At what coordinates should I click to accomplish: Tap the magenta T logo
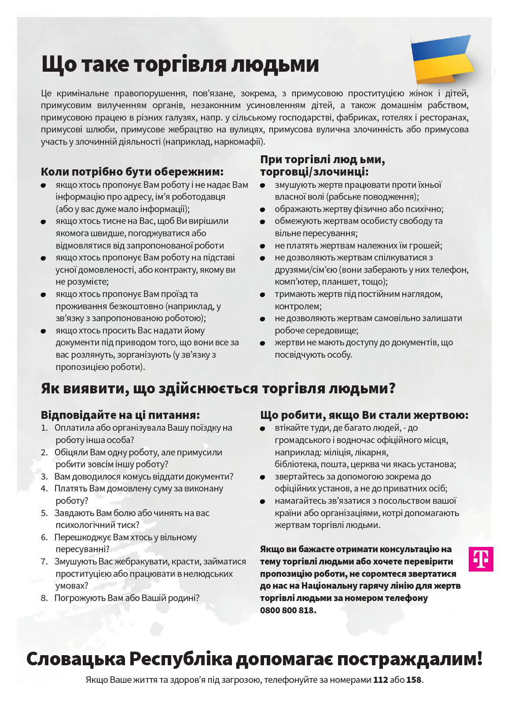[x=481, y=559]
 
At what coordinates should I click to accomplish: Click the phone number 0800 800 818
[x=288, y=610]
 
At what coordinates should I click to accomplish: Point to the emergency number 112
[x=380, y=680]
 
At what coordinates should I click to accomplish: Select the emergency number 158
[x=414, y=680]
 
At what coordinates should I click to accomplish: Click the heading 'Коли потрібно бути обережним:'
[x=132, y=172]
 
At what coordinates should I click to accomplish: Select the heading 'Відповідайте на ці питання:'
[x=120, y=415]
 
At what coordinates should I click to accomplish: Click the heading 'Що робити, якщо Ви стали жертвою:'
[x=364, y=415]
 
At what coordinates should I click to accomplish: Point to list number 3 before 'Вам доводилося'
[x=44, y=477]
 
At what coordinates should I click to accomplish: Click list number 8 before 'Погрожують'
[x=44, y=598]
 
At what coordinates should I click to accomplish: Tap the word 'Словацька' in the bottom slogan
[x=76, y=659]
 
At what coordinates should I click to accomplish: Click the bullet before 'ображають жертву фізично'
[x=263, y=210]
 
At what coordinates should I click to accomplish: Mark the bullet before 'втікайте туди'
[x=263, y=429]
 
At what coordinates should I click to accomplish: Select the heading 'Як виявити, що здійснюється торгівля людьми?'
[x=218, y=389]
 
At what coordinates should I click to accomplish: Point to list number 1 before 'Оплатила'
[x=44, y=428]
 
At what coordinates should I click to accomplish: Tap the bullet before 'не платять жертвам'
[x=263, y=246]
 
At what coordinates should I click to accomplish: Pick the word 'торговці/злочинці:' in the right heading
[x=314, y=172]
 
